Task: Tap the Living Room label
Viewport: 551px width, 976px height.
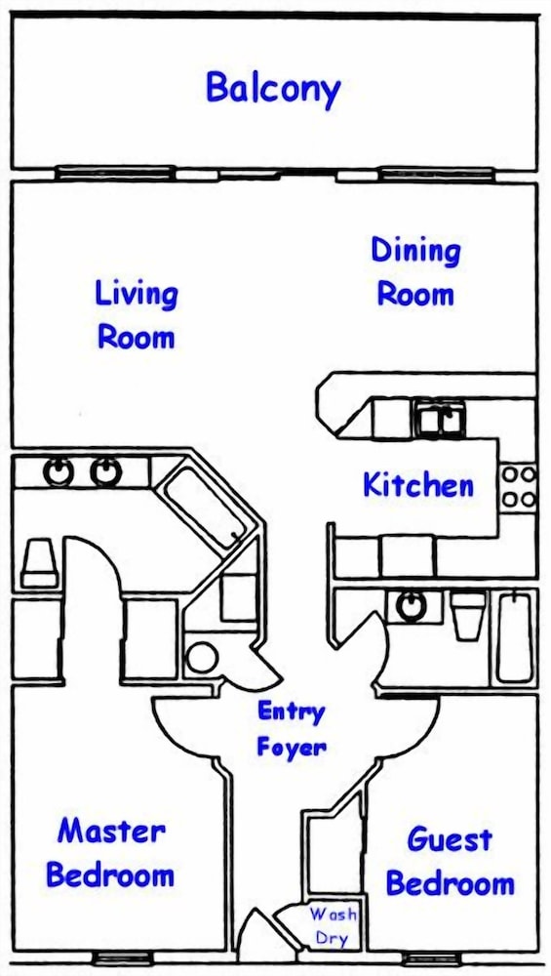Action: click(x=137, y=315)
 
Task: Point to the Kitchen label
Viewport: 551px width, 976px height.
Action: click(x=418, y=485)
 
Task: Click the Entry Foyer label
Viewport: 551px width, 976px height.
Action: click(x=291, y=728)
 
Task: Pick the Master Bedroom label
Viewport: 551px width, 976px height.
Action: click(x=110, y=853)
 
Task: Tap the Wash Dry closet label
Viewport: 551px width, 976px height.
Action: click(x=334, y=925)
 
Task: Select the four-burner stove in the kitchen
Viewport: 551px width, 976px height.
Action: click(x=519, y=486)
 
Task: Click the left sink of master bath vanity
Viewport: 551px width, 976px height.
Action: click(x=58, y=471)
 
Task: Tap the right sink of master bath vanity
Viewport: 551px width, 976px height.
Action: click(x=106, y=471)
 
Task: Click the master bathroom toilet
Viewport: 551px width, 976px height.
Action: click(x=39, y=563)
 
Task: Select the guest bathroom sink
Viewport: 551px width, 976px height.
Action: click(x=412, y=606)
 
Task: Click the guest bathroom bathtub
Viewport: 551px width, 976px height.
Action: click(x=514, y=636)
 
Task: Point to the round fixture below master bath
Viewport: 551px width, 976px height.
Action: click(x=202, y=658)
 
